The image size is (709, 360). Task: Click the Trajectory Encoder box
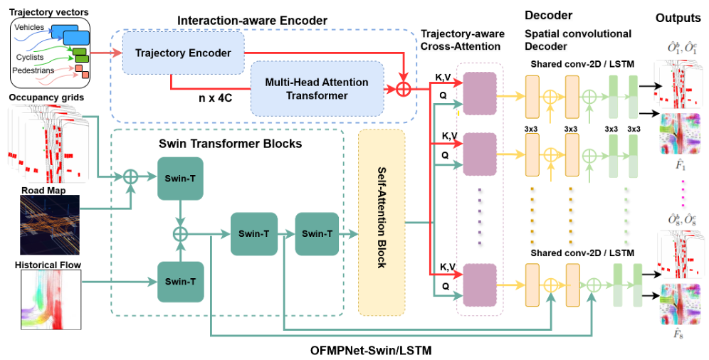click(x=182, y=53)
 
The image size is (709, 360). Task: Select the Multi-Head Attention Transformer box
click(x=317, y=89)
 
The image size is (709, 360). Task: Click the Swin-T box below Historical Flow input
click(x=181, y=282)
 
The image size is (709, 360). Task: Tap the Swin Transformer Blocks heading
click(x=230, y=144)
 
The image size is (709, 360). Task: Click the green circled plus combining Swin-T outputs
click(x=181, y=233)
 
